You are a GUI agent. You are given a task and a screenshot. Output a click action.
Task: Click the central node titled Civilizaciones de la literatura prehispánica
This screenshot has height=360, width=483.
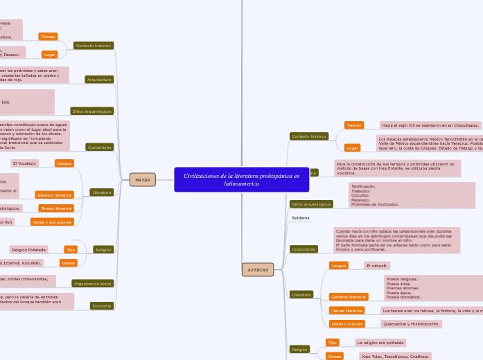[x=242, y=180]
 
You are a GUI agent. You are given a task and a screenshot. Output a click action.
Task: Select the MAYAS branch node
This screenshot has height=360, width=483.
[x=142, y=180]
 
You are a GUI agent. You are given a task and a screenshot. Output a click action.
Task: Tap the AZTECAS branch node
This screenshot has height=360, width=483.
[x=257, y=269]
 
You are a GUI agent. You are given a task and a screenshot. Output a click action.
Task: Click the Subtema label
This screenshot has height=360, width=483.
[x=300, y=218]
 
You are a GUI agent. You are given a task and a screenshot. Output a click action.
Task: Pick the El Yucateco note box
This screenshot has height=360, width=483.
[x=24, y=163]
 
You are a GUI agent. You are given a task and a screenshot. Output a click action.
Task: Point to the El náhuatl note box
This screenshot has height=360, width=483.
[x=377, y=265]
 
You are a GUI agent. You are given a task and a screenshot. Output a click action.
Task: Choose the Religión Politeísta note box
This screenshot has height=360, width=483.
[x=28, y=249]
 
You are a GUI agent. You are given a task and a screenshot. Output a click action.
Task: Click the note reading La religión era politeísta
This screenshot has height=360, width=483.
[x=380, y=342]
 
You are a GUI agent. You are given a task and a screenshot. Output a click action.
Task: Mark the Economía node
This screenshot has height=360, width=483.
[x=103, y=305]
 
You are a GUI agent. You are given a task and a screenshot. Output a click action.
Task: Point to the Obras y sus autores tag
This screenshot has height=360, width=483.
[x=52, y=222]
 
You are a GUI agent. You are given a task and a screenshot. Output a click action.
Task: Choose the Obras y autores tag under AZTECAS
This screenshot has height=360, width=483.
[x=347, y=323]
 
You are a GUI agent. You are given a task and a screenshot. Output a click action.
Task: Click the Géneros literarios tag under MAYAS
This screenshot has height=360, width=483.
[x=55, y=195]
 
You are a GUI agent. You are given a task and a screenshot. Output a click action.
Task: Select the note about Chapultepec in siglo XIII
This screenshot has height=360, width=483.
[x=430, y=125]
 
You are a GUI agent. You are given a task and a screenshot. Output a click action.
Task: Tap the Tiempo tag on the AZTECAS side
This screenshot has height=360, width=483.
[x=354, y=125]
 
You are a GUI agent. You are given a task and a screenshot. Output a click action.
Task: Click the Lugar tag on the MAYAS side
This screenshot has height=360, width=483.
[x=49, y=54]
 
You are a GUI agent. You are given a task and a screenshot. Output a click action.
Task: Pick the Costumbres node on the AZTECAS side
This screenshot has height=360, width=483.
[x=304, y=249]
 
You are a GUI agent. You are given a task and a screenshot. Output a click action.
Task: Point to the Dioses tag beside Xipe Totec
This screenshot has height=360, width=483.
[x=334, y=356]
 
